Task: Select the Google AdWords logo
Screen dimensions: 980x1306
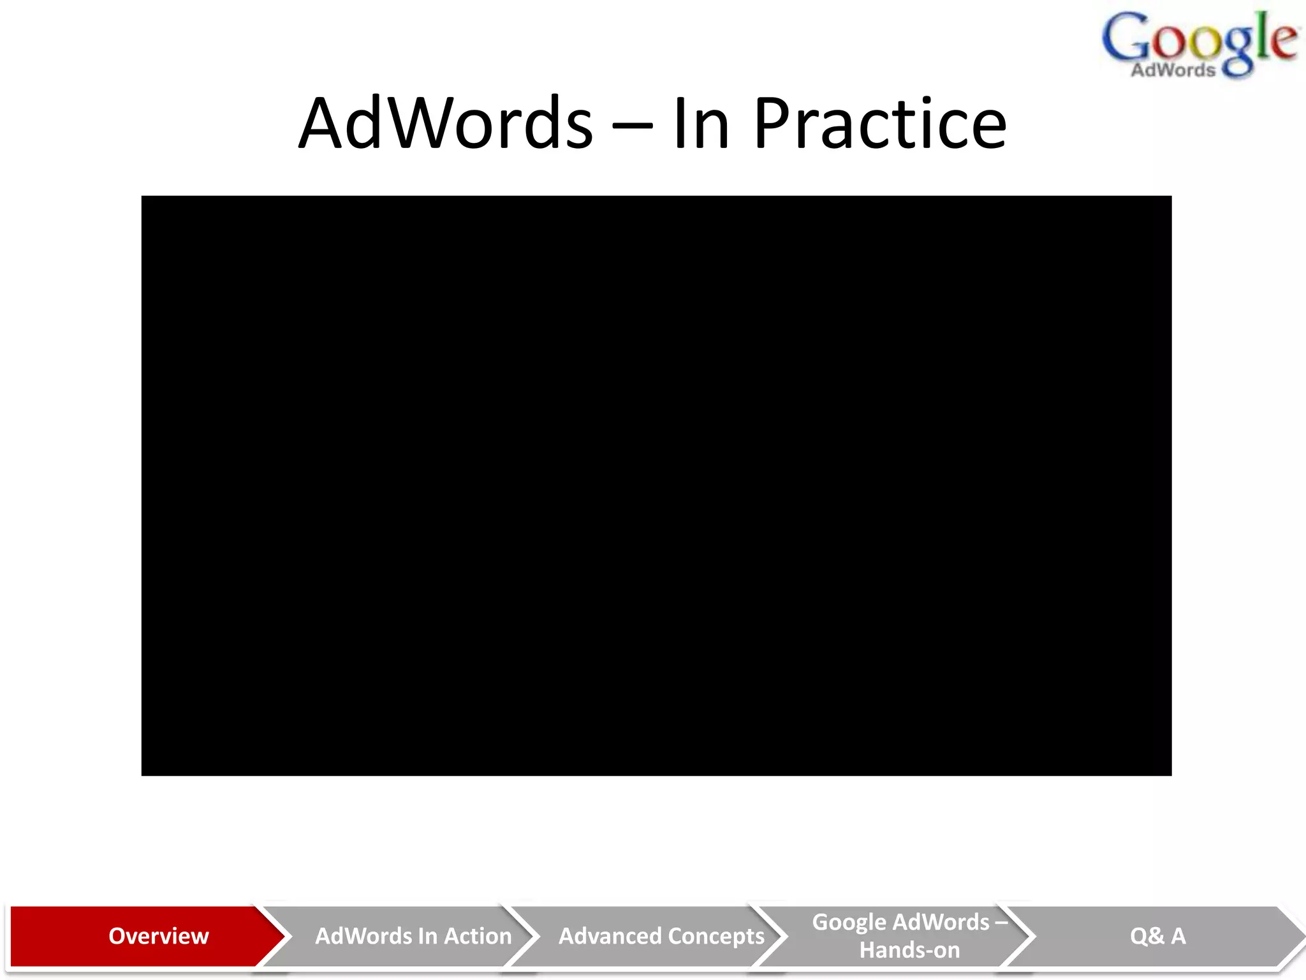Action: [1199, 45]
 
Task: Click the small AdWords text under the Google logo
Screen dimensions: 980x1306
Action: [1173, 70]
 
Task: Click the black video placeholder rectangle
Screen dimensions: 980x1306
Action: [656, 486]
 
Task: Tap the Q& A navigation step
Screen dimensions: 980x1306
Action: [1157, 936]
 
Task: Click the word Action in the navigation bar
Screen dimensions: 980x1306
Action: [478, 936]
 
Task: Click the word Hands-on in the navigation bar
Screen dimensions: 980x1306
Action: [909, 950]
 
